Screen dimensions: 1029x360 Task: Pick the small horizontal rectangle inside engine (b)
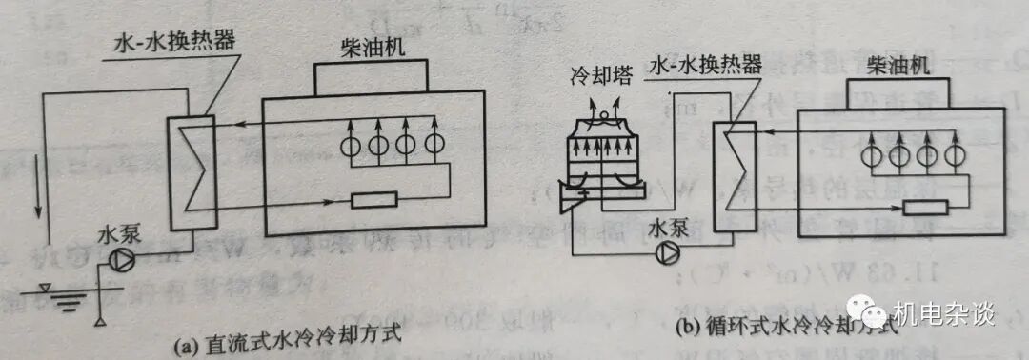[925, 208]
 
